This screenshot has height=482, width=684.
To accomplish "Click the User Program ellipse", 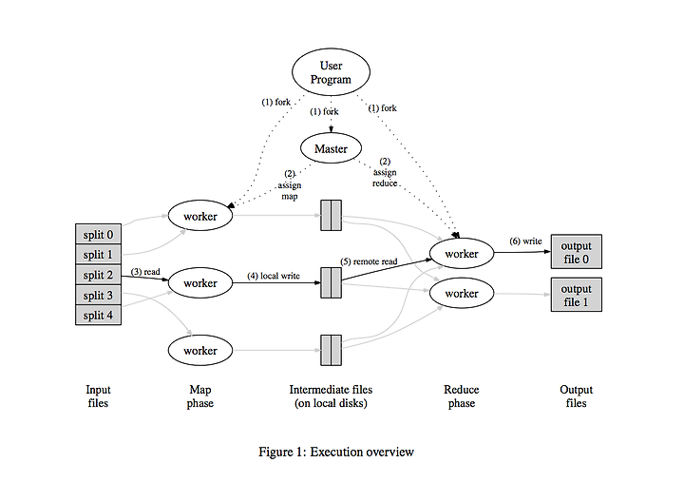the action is pyautogui.click(x=331, y=72).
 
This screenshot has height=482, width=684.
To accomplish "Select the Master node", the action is pyautogui.click(x=332, y=148).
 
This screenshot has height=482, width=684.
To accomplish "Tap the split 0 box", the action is pyautogui.click(x=98, y=234).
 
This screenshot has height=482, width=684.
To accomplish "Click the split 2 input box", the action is pyautogui.click(x=98, y=275).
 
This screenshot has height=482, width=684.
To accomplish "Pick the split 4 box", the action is pyautogui.click(x=98, y=315).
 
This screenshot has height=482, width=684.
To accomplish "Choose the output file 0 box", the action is pyautogui.click(x=577, y=252).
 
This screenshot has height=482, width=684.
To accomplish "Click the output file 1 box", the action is pyautogui.click(x=577, y=295).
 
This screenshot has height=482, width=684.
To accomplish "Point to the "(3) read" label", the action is pyautogui.click(x=145, y=272).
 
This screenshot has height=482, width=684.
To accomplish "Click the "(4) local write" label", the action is pyautogui.click(x=274, y=276).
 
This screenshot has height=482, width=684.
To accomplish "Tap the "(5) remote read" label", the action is pyautogui.click(x=369, y=261).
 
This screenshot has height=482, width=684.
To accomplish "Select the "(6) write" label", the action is pyautogui.click(x=525, y=241).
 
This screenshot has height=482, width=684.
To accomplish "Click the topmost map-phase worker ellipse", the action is pyautogui.click(x=200, y=216).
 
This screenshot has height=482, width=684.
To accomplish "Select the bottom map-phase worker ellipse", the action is pyautogui.click(x=200, y=350).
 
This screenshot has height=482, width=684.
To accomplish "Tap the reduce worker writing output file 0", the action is pyautogui.click(x=462, y=253).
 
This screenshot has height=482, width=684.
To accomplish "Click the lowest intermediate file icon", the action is pyautogui.click(x=332, y=350).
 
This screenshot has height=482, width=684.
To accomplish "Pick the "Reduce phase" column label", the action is pyautogui.click(x=462, y=396).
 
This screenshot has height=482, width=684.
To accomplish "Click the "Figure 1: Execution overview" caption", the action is pyautogui.click(x=336, y=452).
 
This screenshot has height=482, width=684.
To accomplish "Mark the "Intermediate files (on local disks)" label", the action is pyautogui.click(x=331, y=396).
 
